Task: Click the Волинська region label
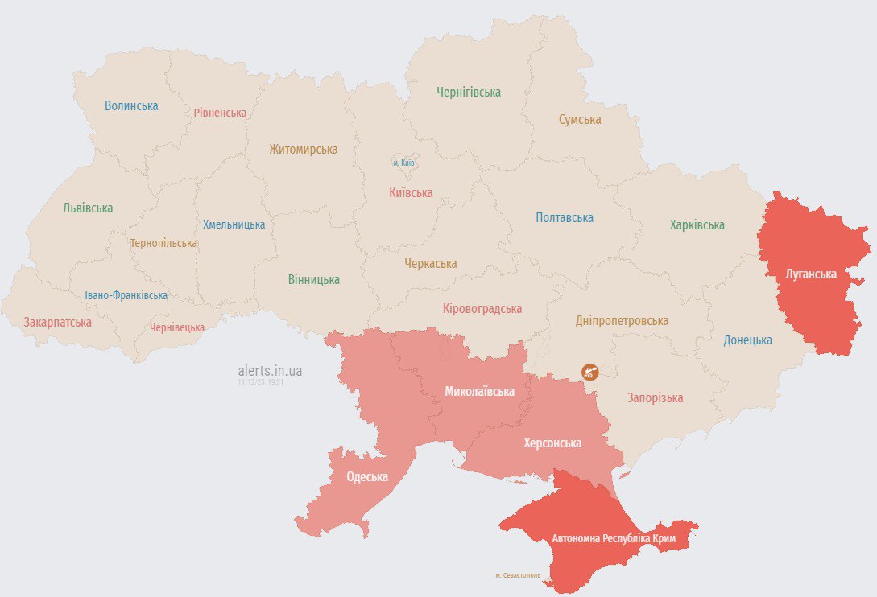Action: click(131, 105)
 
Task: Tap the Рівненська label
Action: click(220, 113)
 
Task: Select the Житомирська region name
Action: click(303, 150)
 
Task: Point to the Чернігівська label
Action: click(469, 93)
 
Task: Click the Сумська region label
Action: click(580, 120)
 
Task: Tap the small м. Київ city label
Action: click(403, 163)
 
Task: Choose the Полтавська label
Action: click(565, 218)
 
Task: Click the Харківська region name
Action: click(697, 225)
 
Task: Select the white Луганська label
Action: click(811, 274)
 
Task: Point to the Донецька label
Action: click(747, 340)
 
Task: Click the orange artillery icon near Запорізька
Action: click(590, 372)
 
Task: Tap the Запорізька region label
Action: click(655, 398)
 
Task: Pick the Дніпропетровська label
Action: click(622, 320)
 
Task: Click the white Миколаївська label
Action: click(479, 392)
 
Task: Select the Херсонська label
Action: click(552, 443)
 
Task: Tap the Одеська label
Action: click(366, 477)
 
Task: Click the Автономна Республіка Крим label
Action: click(613, 537)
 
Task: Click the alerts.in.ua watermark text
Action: click(270, 371)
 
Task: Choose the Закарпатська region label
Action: click(57, 323)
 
